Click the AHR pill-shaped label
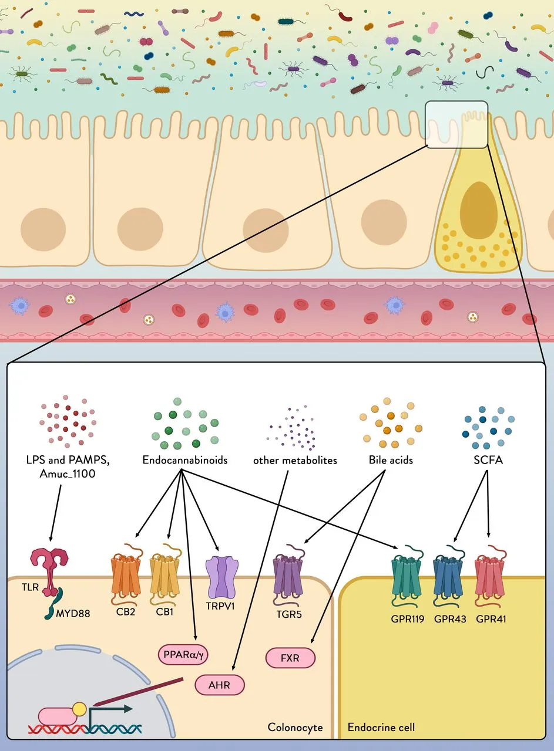(x=220, y=685)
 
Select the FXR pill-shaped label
(x=290, y=658)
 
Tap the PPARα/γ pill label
(x=183, y=654)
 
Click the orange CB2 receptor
(x=126, y=574)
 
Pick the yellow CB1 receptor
(x=165, y=574)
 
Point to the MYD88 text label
(x=73, y=614)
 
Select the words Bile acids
(x=391, y=460)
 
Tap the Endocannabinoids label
(x=184, y=460)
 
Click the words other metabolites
(x=295, y=461)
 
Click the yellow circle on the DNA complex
(x=79, y=709)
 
